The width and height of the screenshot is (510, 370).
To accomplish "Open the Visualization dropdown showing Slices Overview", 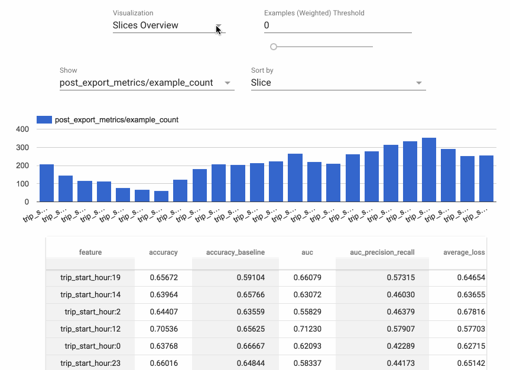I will (x=167, y=25).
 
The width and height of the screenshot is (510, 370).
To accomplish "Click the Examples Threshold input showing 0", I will (x=337, y=25).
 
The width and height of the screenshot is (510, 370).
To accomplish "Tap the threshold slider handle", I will (x=273, y=47).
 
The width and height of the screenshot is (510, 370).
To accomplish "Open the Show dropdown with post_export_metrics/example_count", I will (x=147, y=83).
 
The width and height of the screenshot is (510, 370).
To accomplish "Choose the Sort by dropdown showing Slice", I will (x=337, y=83).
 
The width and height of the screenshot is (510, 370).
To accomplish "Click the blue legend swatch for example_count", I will (x=44, y=120).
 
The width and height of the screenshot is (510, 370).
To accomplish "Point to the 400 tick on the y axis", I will (x=22, y=129).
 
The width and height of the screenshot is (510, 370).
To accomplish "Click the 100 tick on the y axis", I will (x=22, y=184).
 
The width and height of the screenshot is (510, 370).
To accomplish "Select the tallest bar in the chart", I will (x=429, y=170).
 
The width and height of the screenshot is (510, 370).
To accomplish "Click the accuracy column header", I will (x=163, y=252).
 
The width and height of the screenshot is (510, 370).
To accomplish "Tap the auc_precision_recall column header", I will (x=382, y=252).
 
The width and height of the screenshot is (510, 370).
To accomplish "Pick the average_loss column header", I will (x=464, y=252).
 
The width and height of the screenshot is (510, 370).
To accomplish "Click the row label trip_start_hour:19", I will (x=90, y=277).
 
